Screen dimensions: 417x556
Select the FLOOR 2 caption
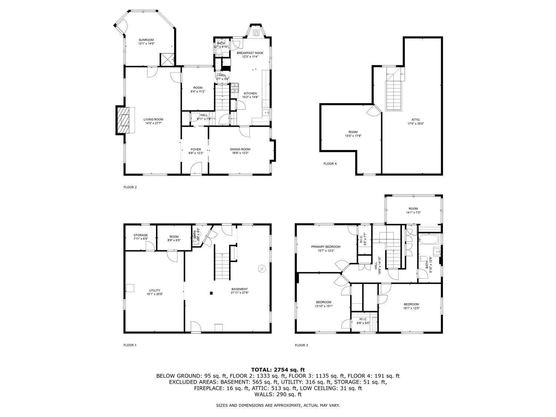[130, 187]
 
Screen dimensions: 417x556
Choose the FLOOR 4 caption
[330, 163]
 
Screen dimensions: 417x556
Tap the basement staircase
[222, 266]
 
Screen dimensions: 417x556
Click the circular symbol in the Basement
[262, 269]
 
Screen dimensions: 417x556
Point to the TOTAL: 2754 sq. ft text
[278, 370]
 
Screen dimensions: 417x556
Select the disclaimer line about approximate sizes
[278, 405]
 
